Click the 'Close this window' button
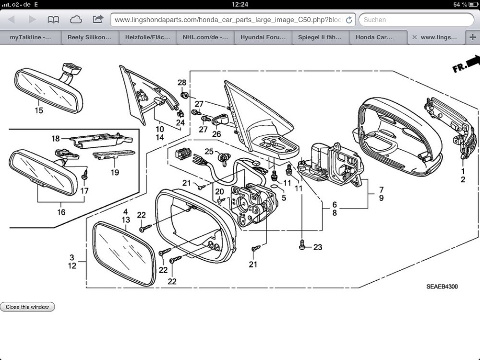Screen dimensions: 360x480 (27, 307)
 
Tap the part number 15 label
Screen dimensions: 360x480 (38, 110)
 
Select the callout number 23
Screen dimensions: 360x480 (318, 247)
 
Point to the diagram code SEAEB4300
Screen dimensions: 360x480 (442, 287)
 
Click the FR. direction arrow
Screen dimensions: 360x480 (466, 63)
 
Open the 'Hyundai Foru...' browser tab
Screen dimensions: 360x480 (263, 37)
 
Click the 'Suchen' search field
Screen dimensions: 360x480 (416, 20)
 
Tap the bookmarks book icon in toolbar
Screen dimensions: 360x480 (53, 20)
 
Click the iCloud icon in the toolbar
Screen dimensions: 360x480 (76, 20)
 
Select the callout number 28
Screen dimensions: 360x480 (182, 83)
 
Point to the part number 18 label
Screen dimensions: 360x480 (56, 139)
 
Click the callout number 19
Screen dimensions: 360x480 (115, 172)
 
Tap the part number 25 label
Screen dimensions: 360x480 (209, 152)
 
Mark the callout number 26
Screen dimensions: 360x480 (216, 134)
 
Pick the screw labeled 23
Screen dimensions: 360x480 (302, 245)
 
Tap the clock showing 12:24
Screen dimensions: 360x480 (240, 4)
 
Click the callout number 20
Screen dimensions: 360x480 (219, 192)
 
